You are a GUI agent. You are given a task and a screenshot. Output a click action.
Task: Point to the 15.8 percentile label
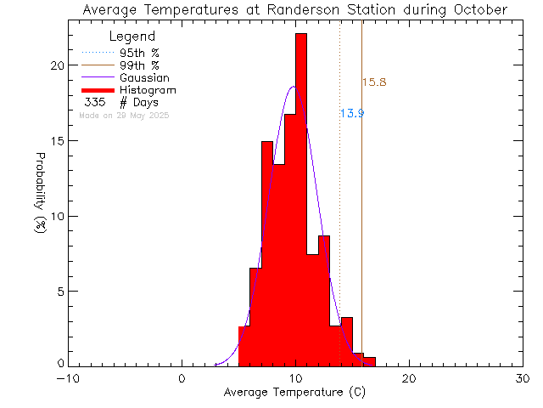click(x=374, y=82)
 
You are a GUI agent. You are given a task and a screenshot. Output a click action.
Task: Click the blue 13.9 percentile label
click(x=351, y=113)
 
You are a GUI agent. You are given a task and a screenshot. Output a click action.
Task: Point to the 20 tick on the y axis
click(x=55, y=66)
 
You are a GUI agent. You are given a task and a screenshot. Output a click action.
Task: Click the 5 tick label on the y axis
click(x=59, y=292)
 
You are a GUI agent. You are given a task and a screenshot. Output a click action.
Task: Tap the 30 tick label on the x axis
click(x=523, y=378)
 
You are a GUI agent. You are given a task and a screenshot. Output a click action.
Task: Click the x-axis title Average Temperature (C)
click(x=294, y=393)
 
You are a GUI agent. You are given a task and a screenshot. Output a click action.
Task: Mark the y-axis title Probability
click(x=40, y=185)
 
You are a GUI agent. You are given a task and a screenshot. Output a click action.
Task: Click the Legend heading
click(x=132, y=37)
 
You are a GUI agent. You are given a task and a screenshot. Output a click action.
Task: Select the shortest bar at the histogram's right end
click(x=369, y=361)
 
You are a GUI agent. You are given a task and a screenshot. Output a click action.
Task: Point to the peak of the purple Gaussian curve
click(x=294, y=87)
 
